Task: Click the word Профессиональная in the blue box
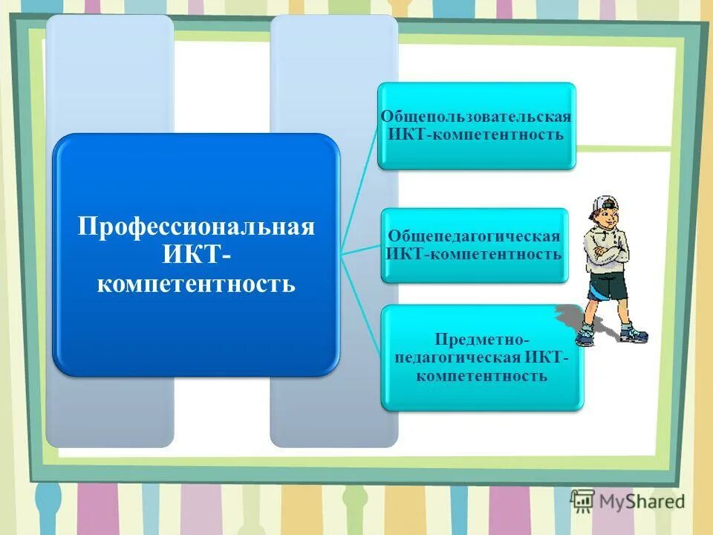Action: [x=197, y=226]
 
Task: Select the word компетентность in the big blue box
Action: [x=197, y=283]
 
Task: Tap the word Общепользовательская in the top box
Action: [x=476, y=117]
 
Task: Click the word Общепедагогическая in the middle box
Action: [x=474, y=236]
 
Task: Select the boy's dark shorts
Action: [x=608, y=286]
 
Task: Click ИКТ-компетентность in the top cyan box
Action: [x=476, y=134]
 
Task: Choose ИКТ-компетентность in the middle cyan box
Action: [x=474, y=254]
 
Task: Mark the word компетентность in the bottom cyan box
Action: [x=482, y=376]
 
